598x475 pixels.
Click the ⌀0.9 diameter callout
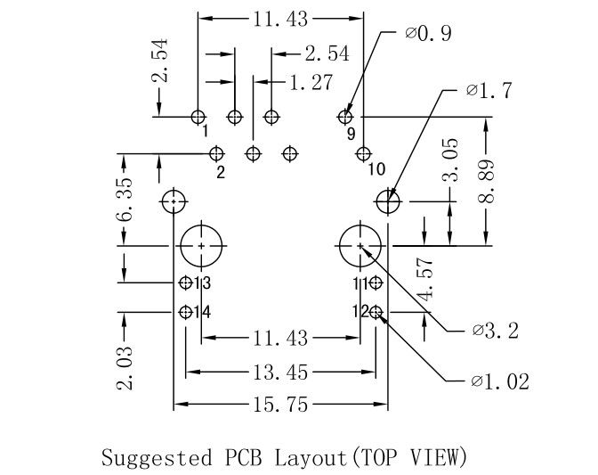click(x=428, y=33)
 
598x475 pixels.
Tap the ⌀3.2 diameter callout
click(x=497, y=331)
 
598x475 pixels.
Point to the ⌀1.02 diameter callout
click(x=500, y=382)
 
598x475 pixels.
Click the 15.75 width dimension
click(x=279, y=405)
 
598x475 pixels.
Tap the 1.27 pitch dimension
click(x=311, y=83)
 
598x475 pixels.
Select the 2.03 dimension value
click(x=126, y=367)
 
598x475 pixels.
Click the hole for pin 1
click(x=198, y=117)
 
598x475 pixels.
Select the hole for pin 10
click(x=361, y=153)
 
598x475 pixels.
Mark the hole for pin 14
click(x=185, y=312)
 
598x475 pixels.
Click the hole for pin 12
click(x=376, y=312)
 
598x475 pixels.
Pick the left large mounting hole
click(x=202, y=244)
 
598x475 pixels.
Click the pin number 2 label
click(x=219, y=170)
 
